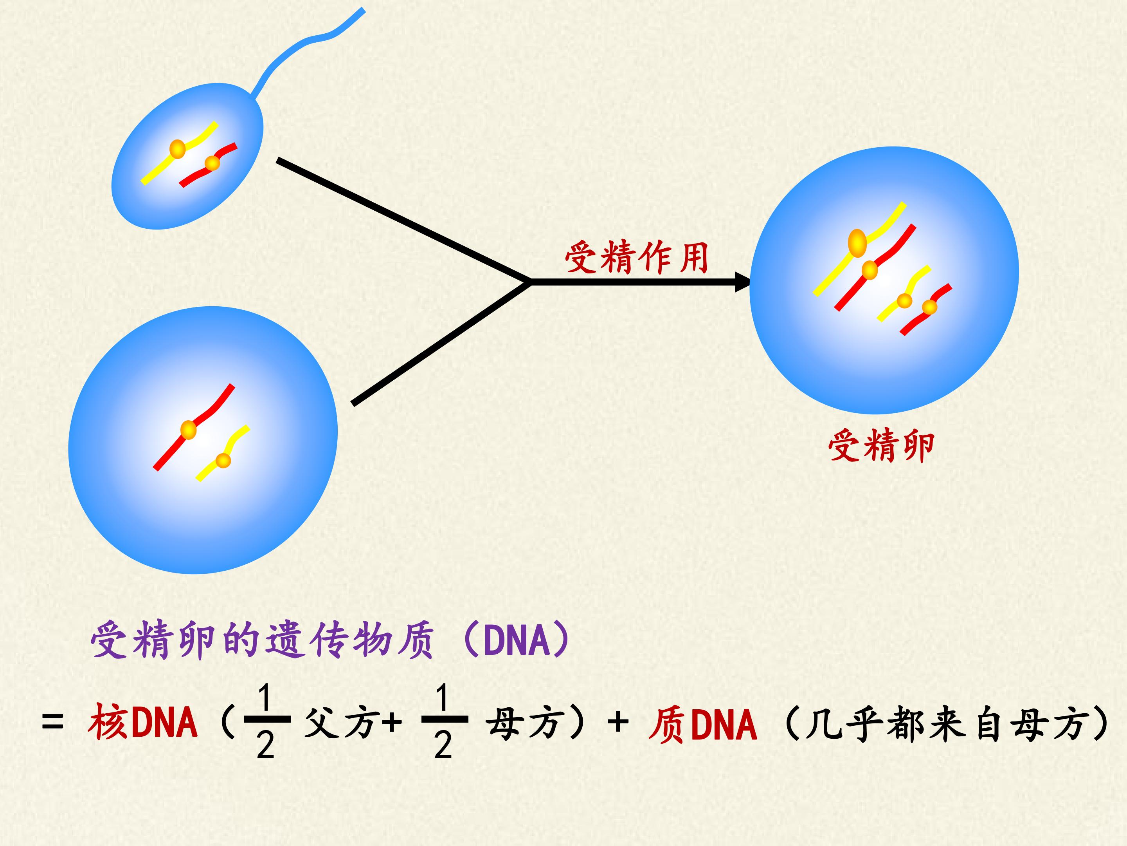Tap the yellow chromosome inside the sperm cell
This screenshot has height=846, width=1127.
(178, 152)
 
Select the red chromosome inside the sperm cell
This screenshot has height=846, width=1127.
(209, 164)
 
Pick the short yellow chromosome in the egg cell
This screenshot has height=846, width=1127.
(223, 453)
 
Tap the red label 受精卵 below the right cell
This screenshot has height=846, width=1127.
(881, 446)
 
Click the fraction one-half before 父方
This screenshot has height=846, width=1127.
(266, 719)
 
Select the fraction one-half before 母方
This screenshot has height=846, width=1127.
(444, 719)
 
